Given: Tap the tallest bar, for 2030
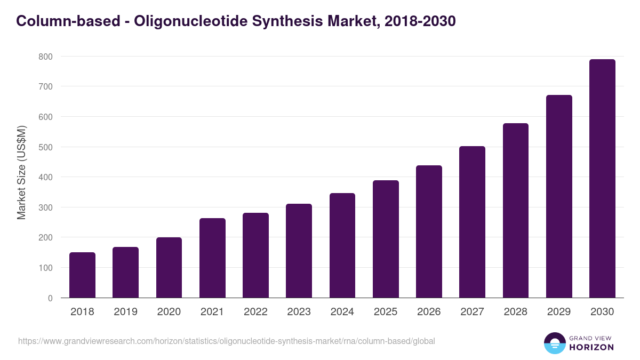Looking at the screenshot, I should tap(602, 178).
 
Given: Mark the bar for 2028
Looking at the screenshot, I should tap(516, 210).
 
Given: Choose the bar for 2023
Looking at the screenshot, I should tap(299, 251).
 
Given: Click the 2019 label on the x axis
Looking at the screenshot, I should tap(125, 312).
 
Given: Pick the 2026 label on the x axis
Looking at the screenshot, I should tap(429, 312).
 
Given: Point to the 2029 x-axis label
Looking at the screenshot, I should tap(559, 312).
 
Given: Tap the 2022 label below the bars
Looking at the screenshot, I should tap(255, 312).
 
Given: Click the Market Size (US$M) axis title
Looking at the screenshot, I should tap(22, 173).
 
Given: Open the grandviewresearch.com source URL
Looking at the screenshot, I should tap(227, 341).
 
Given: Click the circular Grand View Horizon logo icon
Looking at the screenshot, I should tap(554, 343).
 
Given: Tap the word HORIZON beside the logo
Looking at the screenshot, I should tap(591, 347).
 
